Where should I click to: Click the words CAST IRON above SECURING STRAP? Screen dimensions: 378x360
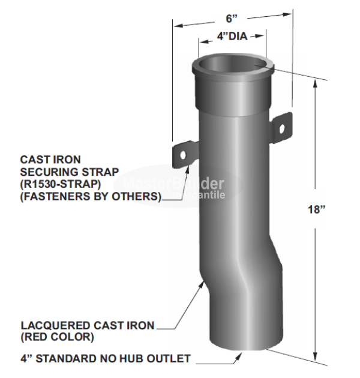pyautogui.click(x=46, y=160)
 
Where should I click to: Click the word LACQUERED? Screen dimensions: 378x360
pyautogui.click(x=52, y=325)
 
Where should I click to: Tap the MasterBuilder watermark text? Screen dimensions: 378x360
pyautogui.click(x=174, y=184)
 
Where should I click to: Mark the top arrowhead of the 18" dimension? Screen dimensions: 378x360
pyautogui.click(x=314, y=85)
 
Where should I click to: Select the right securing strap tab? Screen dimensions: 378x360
pyautogui.click(x=280, y=127)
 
